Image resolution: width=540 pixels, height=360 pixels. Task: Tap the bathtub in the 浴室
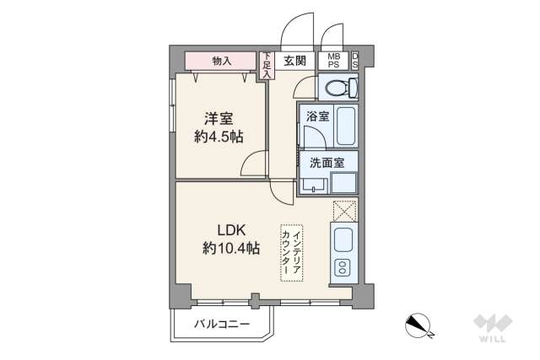[345, 127]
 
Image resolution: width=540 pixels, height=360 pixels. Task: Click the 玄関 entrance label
[294, 60]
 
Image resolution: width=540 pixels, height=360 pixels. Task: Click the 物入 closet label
[222, 61]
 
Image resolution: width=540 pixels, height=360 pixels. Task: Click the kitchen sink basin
[344, 240]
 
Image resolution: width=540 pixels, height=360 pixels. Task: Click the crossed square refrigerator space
[344, 210]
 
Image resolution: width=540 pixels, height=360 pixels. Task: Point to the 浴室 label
[317, 117]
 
